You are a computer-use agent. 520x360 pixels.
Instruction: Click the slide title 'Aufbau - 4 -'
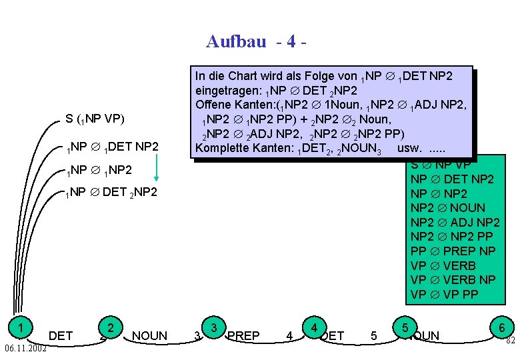coord(257,41)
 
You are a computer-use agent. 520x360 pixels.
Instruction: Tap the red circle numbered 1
coord(22,327)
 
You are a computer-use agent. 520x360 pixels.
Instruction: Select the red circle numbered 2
coord(110,327)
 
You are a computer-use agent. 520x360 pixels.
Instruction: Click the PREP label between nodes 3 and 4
coord(243,335)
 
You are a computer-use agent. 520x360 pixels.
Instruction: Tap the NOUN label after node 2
coord(150,335)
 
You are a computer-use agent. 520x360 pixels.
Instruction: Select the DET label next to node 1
coord(61,335)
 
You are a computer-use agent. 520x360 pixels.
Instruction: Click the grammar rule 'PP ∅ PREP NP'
coord(453,251)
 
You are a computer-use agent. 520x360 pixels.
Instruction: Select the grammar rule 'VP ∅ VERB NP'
coord(453,280)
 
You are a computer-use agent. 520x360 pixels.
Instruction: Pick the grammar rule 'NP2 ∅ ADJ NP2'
coord(455,223)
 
